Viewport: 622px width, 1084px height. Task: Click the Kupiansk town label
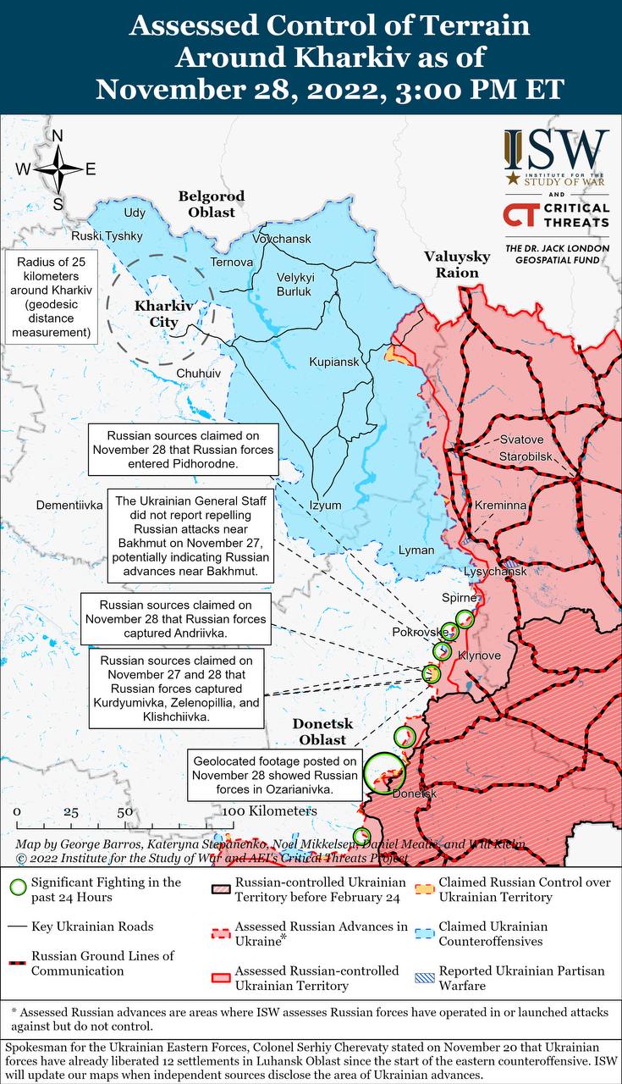(x=334, y=362)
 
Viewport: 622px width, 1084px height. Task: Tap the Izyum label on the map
(x=326, y=506)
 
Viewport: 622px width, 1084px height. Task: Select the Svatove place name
(x=521, y=440)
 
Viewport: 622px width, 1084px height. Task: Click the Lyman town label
(x=416, y=550)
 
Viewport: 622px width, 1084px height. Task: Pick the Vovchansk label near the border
(x=283, y=240)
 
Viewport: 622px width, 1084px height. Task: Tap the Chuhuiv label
(x=198, y=373)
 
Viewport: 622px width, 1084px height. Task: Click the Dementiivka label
(x=69, y=505)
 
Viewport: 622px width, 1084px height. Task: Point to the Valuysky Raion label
(x=457, y=264)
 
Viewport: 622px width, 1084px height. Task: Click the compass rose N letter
(x=58, y=136)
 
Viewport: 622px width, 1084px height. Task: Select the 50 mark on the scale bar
(x=124, y=811)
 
